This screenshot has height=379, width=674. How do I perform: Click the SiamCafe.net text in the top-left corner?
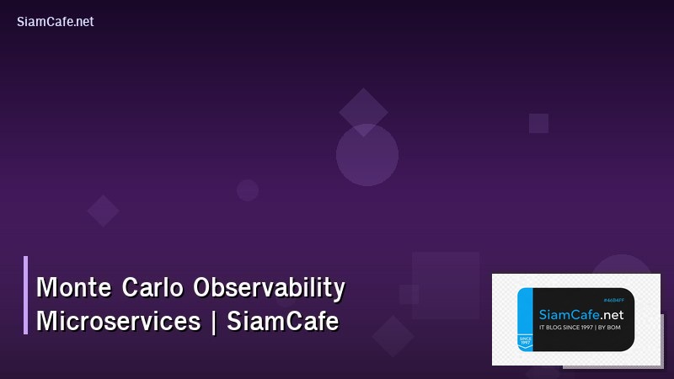click(x=55, y=22)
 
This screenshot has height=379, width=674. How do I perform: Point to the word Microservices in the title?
click(x=118, y=321)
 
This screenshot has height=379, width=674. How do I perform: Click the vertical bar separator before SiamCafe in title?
click(x=214, y=322)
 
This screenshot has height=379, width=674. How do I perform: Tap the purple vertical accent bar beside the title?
click(x=25, y=295)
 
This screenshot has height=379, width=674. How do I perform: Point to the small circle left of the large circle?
click(x=248, y=190)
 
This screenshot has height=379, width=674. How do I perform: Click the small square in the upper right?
click(x=538, y=123)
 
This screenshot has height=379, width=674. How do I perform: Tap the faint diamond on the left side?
click(x=103, y=211)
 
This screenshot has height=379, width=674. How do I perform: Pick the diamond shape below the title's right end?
click(x=393, y=335)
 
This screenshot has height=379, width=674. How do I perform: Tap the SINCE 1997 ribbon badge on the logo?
click(x=525, y=341)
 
